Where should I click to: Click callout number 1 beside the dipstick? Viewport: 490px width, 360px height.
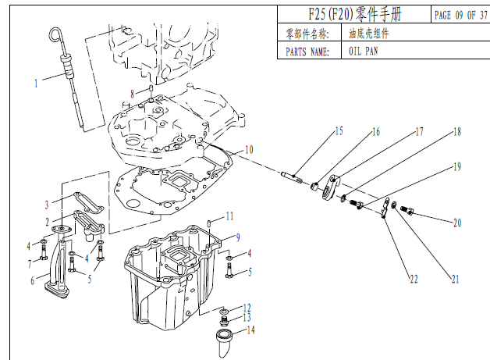(35, 81)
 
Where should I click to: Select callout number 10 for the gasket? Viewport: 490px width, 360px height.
(248, 149)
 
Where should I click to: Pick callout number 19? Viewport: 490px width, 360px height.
(458, 167)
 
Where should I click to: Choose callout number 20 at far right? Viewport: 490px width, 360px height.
(457, 223)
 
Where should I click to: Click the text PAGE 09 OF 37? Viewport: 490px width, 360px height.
(460, 15)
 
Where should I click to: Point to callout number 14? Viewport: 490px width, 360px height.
(250, 330)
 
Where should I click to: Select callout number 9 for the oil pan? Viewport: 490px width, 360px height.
(239, 236)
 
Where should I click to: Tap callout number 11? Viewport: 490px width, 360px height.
(229, 216)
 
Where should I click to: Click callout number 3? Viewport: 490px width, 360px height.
(47, 205)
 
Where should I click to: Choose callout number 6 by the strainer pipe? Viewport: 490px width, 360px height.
(33, 280)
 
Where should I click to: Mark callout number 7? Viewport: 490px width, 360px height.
(33, 262)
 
